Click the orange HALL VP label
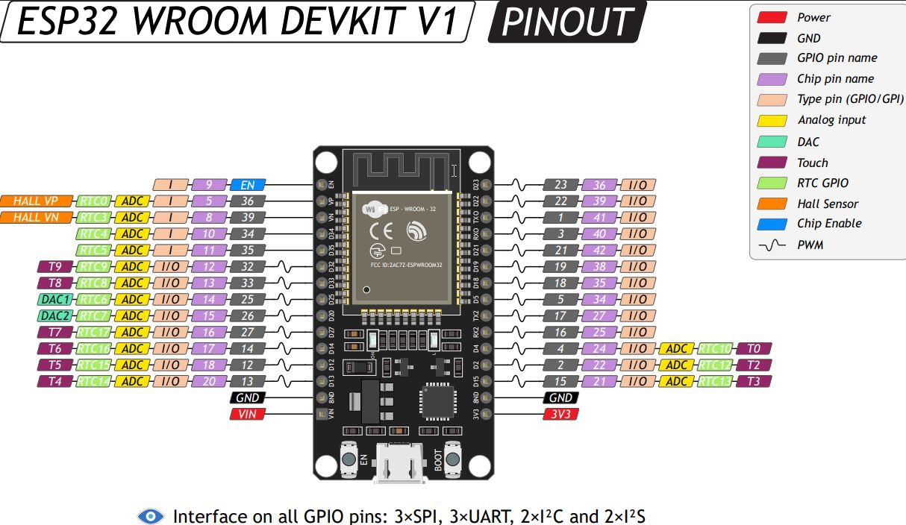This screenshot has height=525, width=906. tap(37, 201)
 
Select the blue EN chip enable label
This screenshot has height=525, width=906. tap(247, 184)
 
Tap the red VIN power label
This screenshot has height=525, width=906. tap(247, 414)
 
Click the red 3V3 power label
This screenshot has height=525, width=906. tap(560, 414)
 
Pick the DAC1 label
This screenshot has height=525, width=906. tap(55, 299)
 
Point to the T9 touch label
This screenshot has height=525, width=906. tap(55, 266)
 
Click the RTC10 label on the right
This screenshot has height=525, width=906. tap(716, 348)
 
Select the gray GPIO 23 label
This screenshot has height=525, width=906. tap(560, 184)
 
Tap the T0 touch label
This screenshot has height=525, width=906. tap(753, 348)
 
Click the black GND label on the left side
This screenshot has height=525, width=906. tap(247, 398)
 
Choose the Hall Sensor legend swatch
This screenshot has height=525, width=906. tap(772, 203)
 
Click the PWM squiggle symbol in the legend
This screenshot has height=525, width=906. tap(772, 245)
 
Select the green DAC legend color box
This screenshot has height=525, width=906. tap(772, 141)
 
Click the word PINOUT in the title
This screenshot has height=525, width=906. tap(566, 22)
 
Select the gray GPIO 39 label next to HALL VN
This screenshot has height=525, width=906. tap(247, 217)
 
